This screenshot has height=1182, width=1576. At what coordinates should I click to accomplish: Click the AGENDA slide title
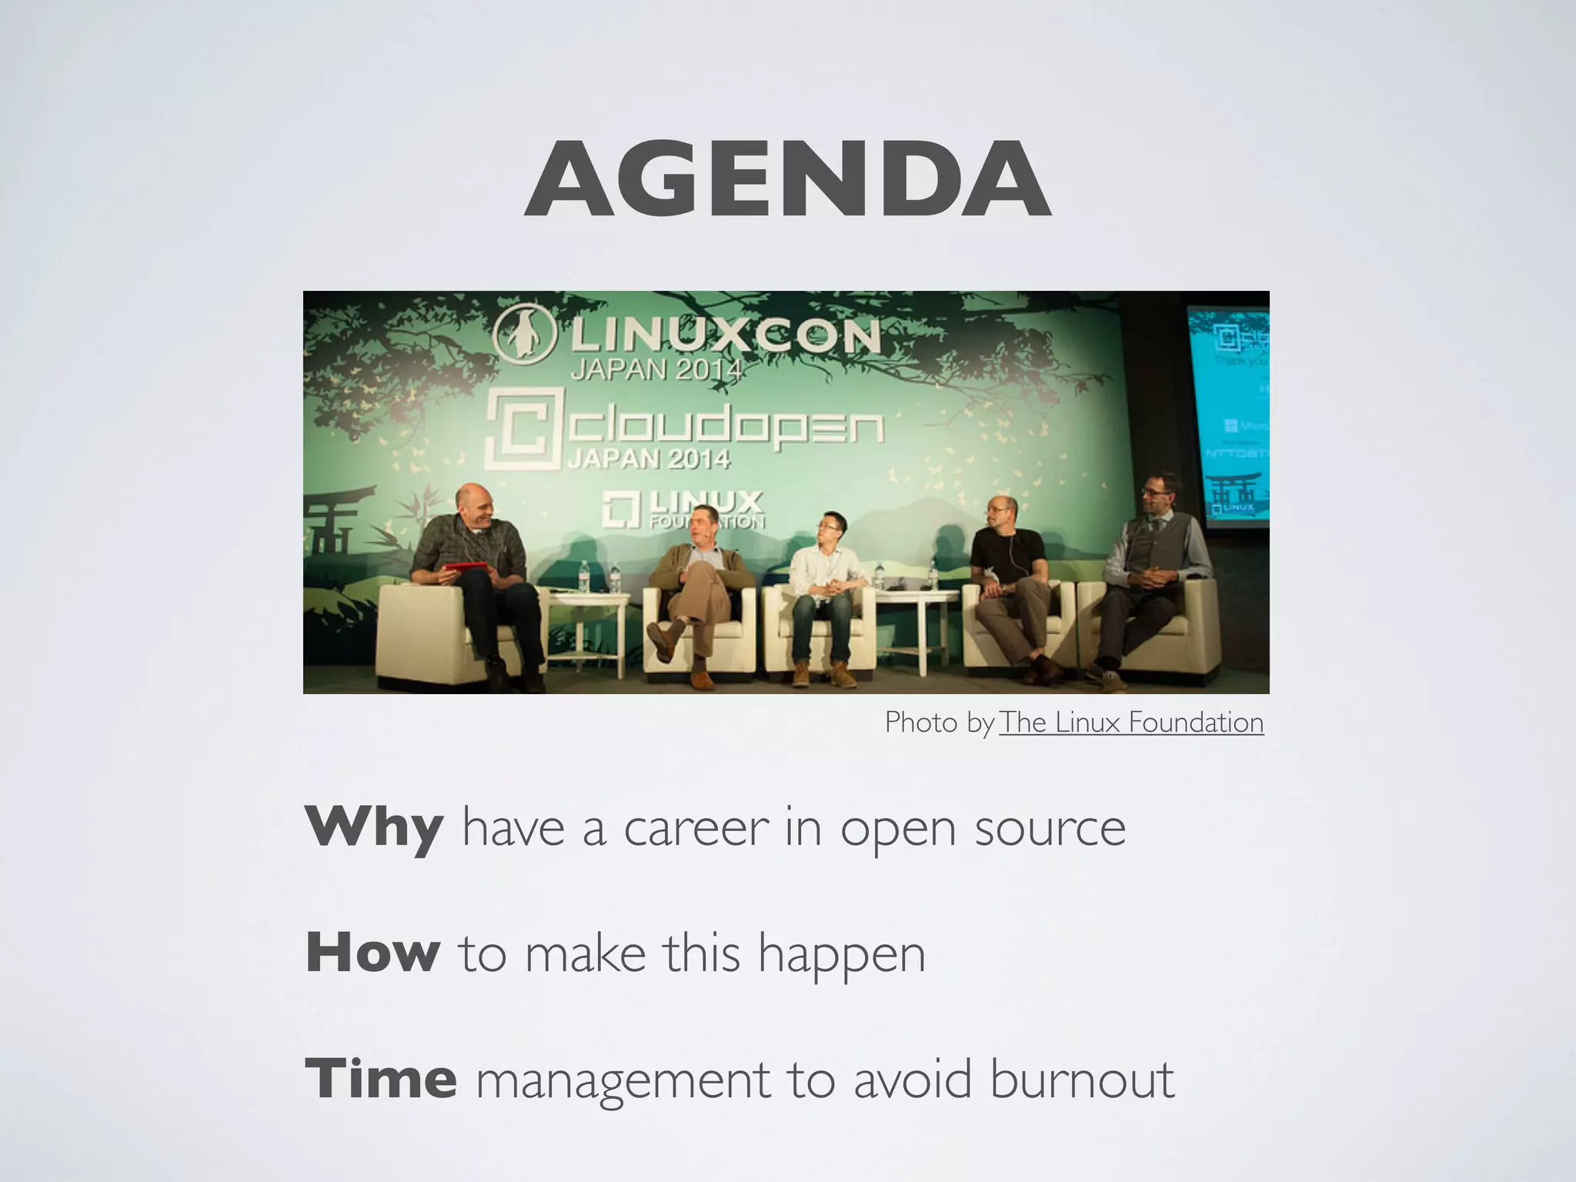(787, 179)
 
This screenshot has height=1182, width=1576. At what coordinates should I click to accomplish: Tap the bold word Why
(373, 828)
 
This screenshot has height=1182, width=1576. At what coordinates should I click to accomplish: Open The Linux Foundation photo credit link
(1131, 723)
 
